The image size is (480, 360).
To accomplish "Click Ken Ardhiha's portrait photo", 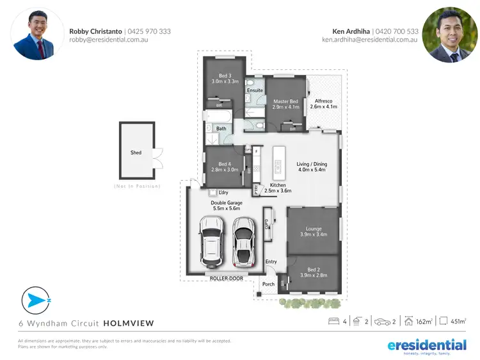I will pyautogui.click(x=451, y=35).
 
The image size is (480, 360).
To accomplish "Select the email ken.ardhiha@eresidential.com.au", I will pyautogui.click(x=370, y=40).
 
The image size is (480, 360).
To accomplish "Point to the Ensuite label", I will pyautogui.click(x=255, y=90).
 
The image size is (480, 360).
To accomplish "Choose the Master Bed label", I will pyautogui.click(x=285, y=101).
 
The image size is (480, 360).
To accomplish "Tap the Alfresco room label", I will pyautogui.click(x=323, y=101).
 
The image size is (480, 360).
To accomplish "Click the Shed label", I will pyautogui.click(x=136, y=152).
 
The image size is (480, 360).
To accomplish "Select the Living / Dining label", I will pyautogui.click(x=312, y=164).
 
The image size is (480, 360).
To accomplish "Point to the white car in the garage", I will pyautogui.click(x=212, y=243).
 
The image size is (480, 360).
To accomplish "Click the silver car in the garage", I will pyautogui.click(x=243, y=242).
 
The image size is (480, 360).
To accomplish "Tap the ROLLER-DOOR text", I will pyautogui.click(x=227, y=279).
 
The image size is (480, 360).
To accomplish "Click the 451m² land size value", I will pyautogui.click(x=458, y=322).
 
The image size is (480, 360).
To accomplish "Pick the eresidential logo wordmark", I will pyautogui.click(x=427, y=345).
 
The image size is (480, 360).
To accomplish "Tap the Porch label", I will pyautogui.click(x=269, y=284).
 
